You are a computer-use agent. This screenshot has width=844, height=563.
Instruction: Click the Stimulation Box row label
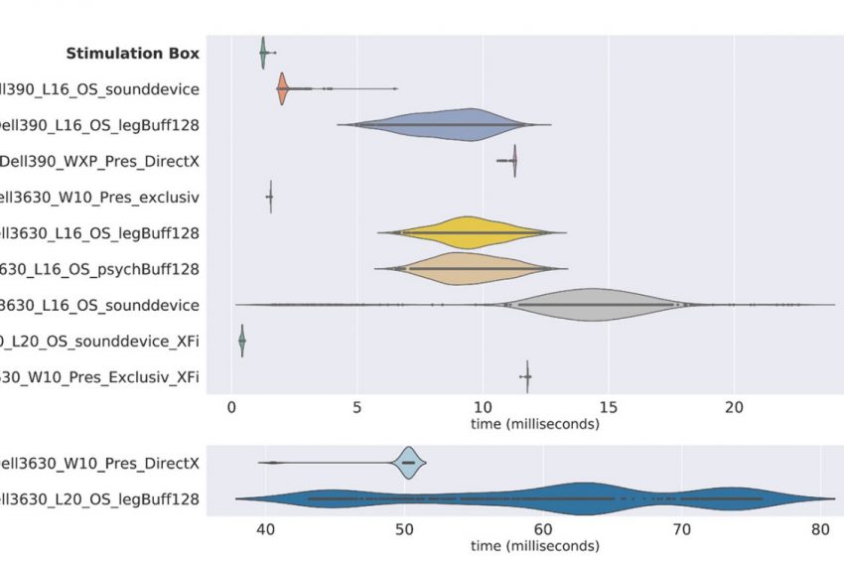point(133,54)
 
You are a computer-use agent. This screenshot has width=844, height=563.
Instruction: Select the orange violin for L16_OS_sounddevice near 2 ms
point(282,89)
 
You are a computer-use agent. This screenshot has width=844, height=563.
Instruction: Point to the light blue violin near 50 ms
point(408,463)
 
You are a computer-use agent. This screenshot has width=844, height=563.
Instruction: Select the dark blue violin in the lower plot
point(586,498)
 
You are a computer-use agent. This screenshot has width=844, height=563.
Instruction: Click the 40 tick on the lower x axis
point(266,530)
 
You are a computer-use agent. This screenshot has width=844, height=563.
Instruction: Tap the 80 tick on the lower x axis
point(820,530)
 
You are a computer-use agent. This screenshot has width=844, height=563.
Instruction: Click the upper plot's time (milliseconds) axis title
point(534,424)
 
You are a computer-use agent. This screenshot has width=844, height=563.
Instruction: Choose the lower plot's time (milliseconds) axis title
point(534,547)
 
